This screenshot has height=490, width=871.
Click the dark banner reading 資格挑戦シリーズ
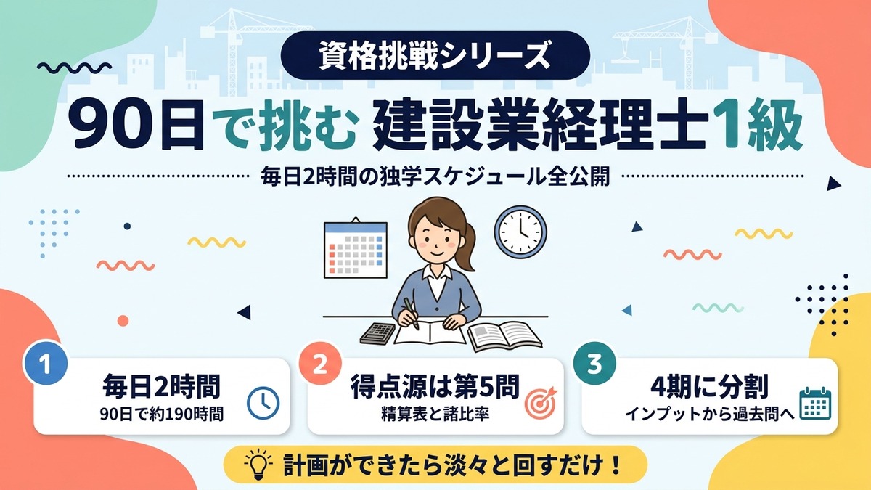point(435,56)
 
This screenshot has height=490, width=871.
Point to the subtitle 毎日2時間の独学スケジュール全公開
point(435,178)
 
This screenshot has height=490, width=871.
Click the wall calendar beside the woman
point(356,248)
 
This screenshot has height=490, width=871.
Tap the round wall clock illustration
point(520,232)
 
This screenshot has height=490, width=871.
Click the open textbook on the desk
point(504,336)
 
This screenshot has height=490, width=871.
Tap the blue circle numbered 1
point(46,364)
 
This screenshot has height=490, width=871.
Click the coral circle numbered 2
point(320,364)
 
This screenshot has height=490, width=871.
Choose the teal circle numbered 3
point(594,364)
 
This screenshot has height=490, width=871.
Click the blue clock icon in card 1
point(263,403)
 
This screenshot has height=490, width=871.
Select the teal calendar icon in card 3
point(815,404)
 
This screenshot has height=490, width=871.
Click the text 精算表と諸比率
point(435,415)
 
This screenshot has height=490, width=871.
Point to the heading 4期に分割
point(709,386)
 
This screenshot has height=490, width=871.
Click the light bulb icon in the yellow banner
point(258,465)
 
